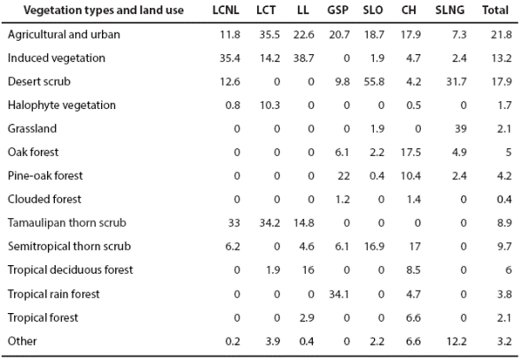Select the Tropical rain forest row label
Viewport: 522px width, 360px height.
(54, 293)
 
